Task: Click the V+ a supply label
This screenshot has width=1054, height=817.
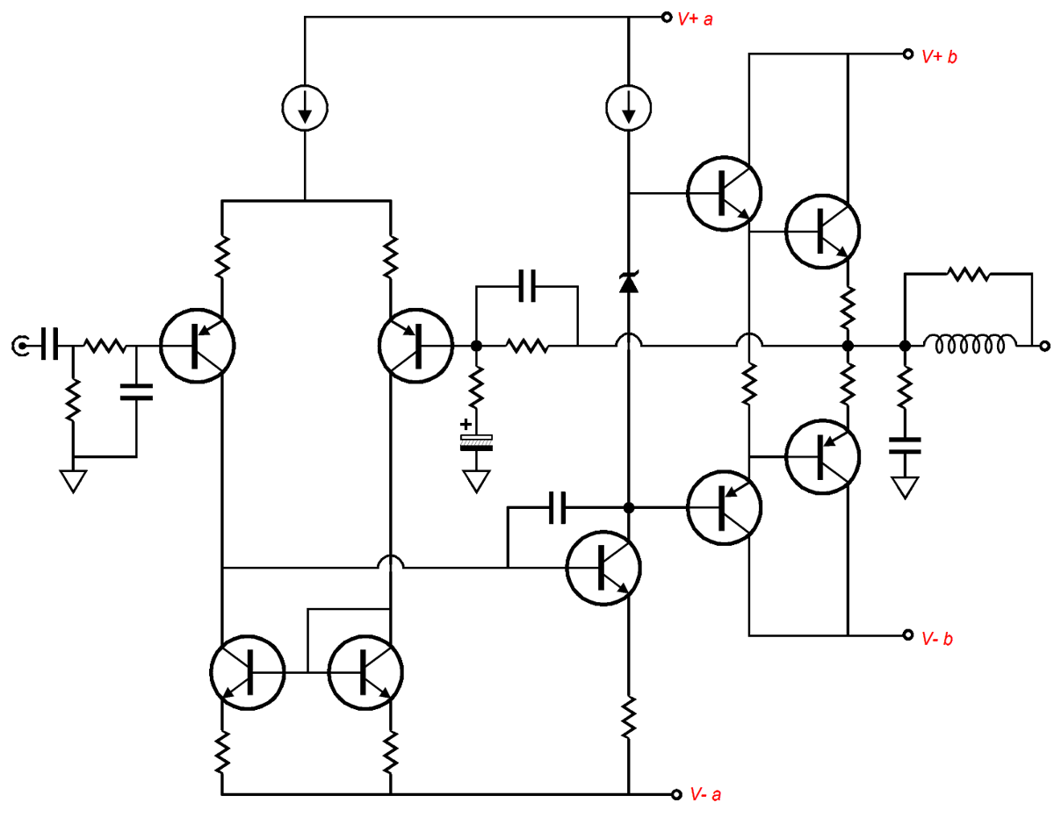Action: (x=697, y=18)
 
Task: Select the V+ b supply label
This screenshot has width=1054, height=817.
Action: (x=939, y=56)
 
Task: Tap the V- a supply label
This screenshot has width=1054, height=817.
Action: (x=706, y=795)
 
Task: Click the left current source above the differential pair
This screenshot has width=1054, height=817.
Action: (x=304, y=108)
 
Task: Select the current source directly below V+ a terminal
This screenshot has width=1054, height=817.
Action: (x=629, y=108)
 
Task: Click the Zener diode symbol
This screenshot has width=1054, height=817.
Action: (x=628, y=283)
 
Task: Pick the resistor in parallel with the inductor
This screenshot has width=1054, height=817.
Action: (x=968, y=274)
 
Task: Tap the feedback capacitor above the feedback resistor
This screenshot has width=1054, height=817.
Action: (x=527, y=286)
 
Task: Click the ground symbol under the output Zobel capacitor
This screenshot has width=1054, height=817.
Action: (x=906, y=486)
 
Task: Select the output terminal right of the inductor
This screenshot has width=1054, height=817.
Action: (x=1043, y=347)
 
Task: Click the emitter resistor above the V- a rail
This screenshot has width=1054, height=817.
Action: (x=629, y=717)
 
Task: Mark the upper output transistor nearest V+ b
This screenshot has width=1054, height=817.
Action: (x=823, y=230)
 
